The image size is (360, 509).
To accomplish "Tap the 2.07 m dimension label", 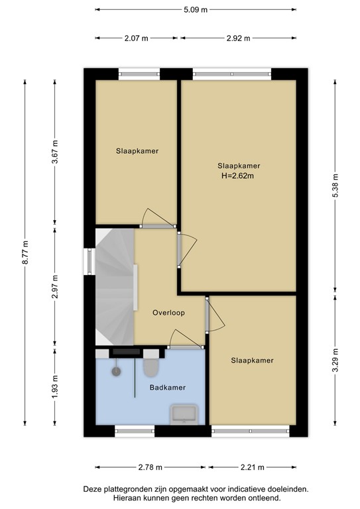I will click(x=135, y=38).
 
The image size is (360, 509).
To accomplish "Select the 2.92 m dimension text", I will click(x=238, y=38).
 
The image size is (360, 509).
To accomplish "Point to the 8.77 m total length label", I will click(x=26, y=253).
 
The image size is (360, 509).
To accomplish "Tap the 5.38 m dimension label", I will click(x=335, y=185).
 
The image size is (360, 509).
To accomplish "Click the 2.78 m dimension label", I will click(x=151, y=467).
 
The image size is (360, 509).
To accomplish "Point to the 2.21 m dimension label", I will click(x=253, y=467).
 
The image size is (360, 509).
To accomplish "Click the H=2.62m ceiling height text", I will click(x=238, y=176).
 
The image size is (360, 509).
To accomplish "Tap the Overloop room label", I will click(x=168, y=312).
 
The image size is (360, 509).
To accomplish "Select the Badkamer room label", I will click(x=167, y=388).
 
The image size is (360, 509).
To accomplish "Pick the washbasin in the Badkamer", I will click(x=183, y=414).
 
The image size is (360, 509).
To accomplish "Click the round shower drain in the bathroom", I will click(x=117, y=371).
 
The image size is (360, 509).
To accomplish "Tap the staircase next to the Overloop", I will click(x=114, y=285).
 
